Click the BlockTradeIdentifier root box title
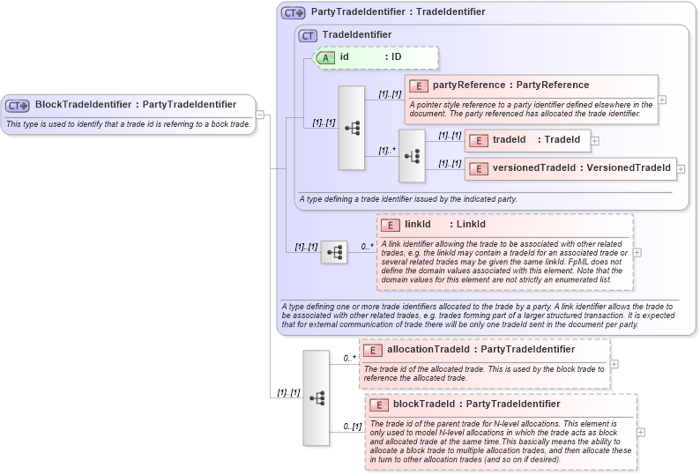[x=135, y=105]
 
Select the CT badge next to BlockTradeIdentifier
[x=18, y=105]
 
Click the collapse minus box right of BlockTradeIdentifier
[x=260, y=114]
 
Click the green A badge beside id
[x=325, y=57]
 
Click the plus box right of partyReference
[x=662, y=100]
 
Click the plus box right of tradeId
[x=595, y=140]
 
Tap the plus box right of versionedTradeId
[x=681, y=167]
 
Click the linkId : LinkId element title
[x=444, y=225]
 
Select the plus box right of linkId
[x=637, y=252]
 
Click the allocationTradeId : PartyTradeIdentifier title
[x=480, y=350]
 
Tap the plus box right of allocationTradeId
[x=614, y=364]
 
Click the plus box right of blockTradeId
[x=641, y=432]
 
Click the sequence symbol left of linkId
[x=334, y=252]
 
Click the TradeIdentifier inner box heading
[x=357, y=35]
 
